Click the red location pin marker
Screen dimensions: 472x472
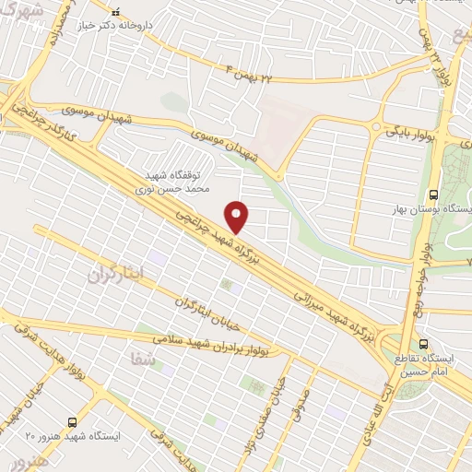tap(238, 217)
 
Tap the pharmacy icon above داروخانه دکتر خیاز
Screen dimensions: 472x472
tap(115, 13)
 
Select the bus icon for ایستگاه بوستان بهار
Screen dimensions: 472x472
tap(432, 195)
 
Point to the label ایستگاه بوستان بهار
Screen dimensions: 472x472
tap(432, 210)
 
